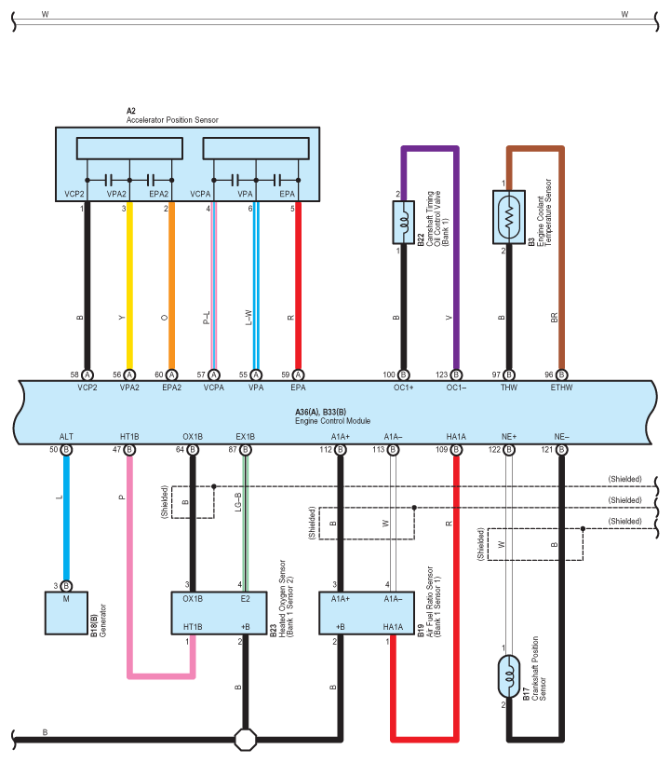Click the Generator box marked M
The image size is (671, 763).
pyautogui.click(x=66, y=613)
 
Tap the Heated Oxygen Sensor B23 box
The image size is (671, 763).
pyautogui.click(x=219, y=613)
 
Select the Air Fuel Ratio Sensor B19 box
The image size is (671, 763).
pyautogui.click(x=367, y=613)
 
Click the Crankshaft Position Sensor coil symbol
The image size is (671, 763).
pyautogui.click(x=508, y=676)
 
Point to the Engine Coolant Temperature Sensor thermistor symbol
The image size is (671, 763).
pyautogui.click(x=508, y=217)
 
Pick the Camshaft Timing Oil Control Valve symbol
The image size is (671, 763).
pyautogui.click(x=403, y=223)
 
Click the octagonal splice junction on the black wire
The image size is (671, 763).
pyautogui.click(x=245, y=740)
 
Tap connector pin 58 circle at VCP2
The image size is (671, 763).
pyautogui.click(x=87, y=375)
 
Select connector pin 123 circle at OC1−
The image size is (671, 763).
pyautogui.click(x=456, y=375)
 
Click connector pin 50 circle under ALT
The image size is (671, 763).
pyautogui.click(x=66, y=450)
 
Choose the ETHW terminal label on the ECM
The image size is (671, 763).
pyautogui.click(x=561, y=388)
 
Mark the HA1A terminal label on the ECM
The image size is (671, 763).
pyautogui.click(x=456, y=437)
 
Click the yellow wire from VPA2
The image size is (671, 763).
pyautogui.click(x=129, y=286)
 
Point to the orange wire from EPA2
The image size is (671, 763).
pyautogui.click(x=171, y=286)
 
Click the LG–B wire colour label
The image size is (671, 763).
pyautogui.click(x=238, y=502)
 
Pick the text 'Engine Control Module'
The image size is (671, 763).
pyautogui.click(x=332, y=421)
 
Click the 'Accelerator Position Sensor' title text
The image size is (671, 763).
pyautogui.click(x=172, y=119)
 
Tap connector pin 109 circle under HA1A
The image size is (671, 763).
pyautogui.click(x=456, y=450)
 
